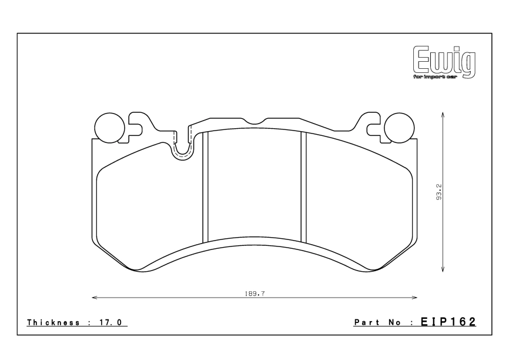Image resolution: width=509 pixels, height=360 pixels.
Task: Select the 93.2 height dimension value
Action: tap(439, 191)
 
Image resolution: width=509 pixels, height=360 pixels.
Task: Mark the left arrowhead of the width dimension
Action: tap(94, 298)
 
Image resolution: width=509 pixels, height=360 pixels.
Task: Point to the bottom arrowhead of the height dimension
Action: tap(442, 270)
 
